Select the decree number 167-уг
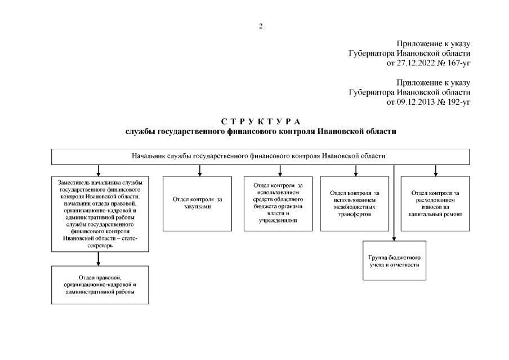point(458,63)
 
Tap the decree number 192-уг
point(458,102)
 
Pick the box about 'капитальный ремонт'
point(435,203)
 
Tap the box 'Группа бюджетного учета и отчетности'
point(394,260)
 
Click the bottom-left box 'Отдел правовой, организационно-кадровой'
point(99,285)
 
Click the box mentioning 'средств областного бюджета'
point(275,203)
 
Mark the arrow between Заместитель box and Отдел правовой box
point(99,259)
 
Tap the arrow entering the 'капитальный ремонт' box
point(435,170)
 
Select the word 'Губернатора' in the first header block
point(372,53)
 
